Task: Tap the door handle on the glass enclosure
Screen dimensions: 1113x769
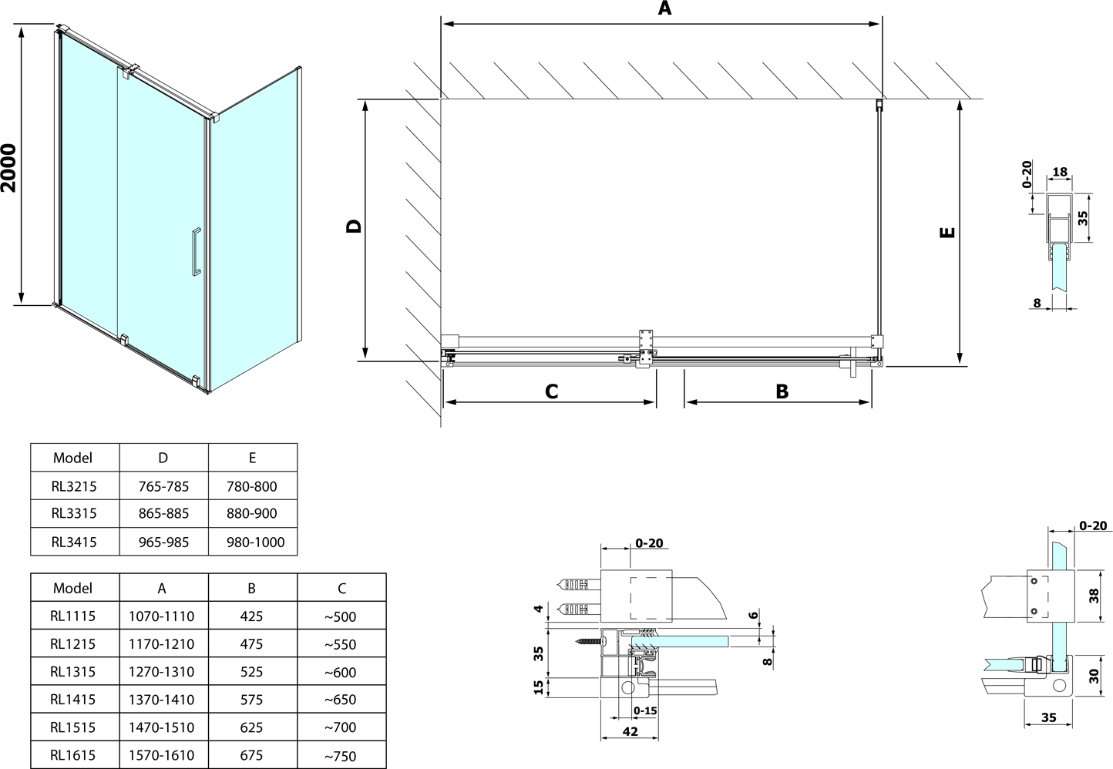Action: coord(197,251)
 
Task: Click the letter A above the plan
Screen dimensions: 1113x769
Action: coord(664,8)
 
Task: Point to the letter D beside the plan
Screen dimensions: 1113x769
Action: coord(354,227)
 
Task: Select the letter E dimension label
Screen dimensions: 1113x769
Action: coord(947,233)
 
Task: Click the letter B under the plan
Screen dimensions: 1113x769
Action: coord(782,391)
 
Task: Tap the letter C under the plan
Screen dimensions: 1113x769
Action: coord(552,391)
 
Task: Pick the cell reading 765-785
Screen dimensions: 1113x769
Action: coord(163,486)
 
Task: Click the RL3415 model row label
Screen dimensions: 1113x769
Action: coord(74,542)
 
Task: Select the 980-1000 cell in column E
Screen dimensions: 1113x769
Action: coord(255,542)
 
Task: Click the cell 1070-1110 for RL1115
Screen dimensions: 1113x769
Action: coord(162,616)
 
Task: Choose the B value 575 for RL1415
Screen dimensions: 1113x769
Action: coord(251,700)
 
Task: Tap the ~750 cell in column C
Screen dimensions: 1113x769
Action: coord(341,756)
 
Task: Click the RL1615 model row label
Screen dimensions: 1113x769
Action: coord(72,756)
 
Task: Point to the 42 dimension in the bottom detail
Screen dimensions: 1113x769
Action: coord(630,731)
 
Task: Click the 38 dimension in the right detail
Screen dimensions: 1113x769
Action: coord(1095,596)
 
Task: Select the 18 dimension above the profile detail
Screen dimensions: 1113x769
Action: coord(1060,172)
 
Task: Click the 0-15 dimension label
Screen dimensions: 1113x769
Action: coord(645,711)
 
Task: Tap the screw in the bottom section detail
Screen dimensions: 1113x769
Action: coord(589,641)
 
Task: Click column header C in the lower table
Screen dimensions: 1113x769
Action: coord(342,589)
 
